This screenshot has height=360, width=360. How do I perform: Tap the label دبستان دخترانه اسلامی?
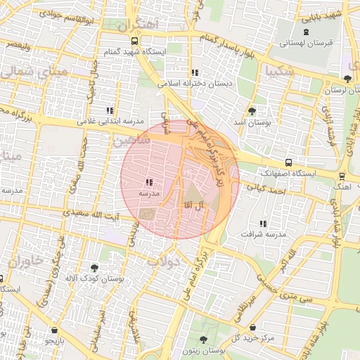(x=196, y=83)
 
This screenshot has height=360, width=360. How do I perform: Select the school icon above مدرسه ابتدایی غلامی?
(x=110, y=110)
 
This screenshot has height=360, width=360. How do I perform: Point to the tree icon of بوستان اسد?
(x=252, y=110)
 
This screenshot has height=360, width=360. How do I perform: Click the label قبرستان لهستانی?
(x=305, y=43)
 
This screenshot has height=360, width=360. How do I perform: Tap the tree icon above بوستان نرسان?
(x=348, y=78)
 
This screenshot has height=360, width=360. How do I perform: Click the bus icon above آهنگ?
(x=342, y=176)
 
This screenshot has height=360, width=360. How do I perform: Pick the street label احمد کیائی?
(x=269, y=190)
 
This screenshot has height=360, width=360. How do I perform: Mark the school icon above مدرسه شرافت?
(x=264, y=223)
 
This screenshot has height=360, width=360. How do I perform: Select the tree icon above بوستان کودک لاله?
(x=94, y=267)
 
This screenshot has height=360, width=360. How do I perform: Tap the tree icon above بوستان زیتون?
(x=203, y=340)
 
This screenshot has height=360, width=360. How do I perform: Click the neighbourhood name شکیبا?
(x=280, y=71)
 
